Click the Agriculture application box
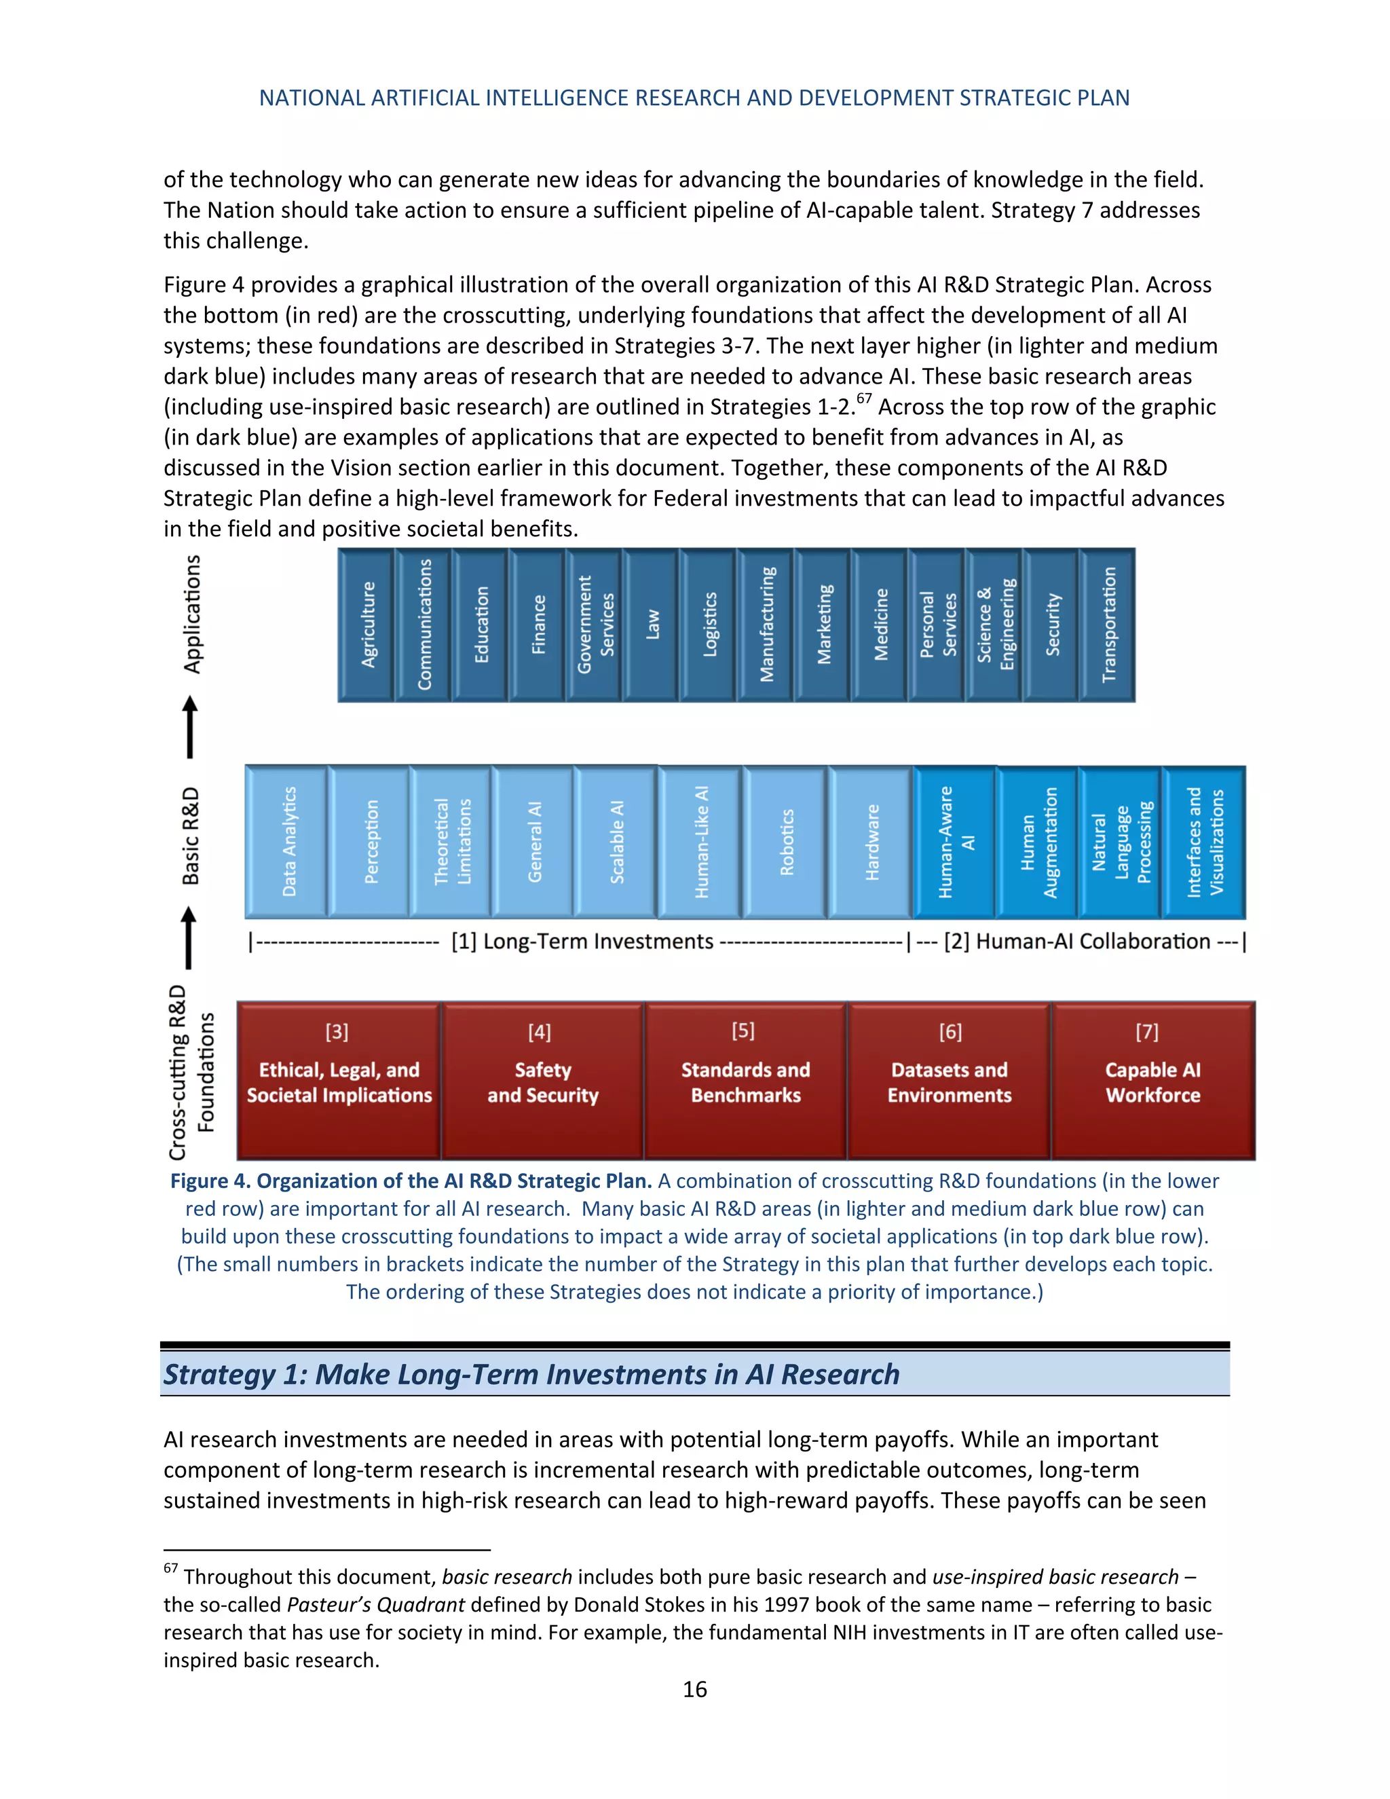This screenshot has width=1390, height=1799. click(367, 625)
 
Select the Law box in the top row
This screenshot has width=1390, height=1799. click(652, 625)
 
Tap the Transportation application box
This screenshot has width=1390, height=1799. click(1108, 625)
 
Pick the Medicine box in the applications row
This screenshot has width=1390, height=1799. click(880, 625)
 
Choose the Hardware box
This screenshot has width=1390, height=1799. click(871, 842)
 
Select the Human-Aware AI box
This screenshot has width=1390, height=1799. click(955, 842)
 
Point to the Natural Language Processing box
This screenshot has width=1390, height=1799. click(1121, 842)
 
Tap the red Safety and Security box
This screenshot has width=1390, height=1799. click(542, 1081)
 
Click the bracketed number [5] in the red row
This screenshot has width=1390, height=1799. click(743, 1031)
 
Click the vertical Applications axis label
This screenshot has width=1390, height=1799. click(191, 614)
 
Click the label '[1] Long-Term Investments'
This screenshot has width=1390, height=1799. click(582, 942)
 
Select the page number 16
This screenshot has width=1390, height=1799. click(694, 1690)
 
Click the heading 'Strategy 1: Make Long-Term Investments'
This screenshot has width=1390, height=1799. click(531, 1374)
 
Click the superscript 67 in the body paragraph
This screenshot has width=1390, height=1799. click(864, 399)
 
